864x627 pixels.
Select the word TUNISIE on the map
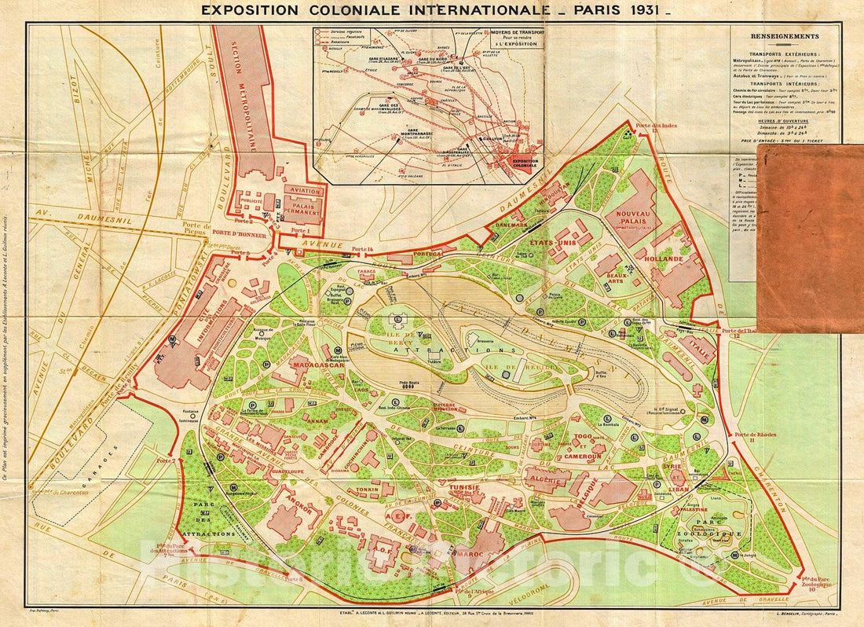tap(464, 487)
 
